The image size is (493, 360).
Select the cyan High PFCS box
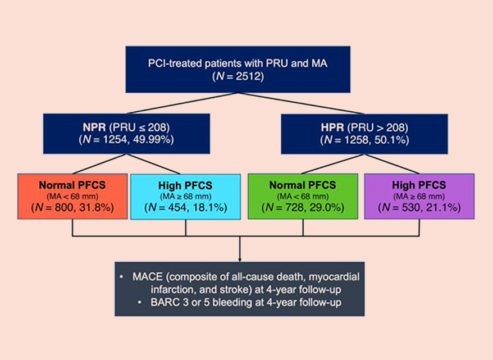pyautogui.click(x=185, y=196)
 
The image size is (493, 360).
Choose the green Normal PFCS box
pyautogui.click(x=303, y=196)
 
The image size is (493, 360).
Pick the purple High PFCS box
pyautogui.click(x=419, y=196)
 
